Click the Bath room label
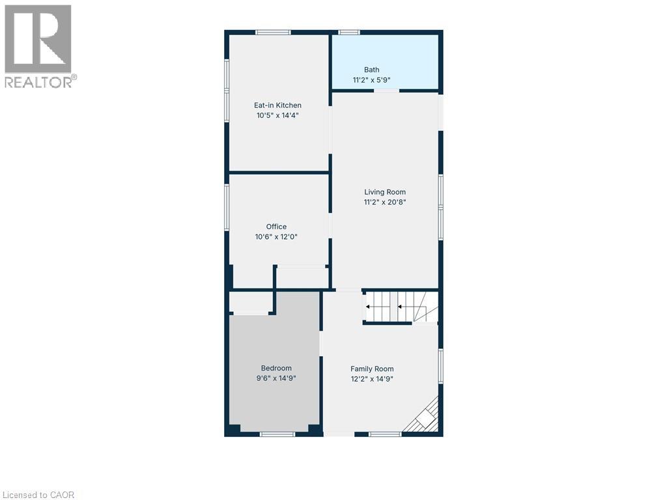371,70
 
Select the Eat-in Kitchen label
277,105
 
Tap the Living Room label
385,192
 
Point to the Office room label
276,227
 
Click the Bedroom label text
276,368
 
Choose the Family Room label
372,369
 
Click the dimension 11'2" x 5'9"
371,80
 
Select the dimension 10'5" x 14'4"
277,115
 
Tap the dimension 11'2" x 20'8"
385,202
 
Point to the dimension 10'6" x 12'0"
276,237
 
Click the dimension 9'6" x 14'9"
276,378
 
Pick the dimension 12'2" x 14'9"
372,380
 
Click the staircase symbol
401,307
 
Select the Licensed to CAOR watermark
38,495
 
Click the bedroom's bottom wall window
277,434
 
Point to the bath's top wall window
349,33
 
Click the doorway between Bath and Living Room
387,90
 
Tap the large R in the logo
38,38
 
